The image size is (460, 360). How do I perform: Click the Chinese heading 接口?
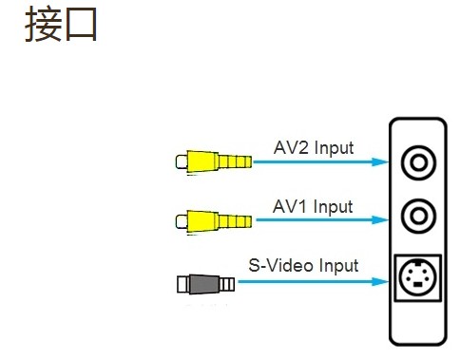[61, 25]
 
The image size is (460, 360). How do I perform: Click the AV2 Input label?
[314, 148]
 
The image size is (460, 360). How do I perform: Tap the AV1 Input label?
[313, 207]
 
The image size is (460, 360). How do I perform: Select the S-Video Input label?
[303, 265]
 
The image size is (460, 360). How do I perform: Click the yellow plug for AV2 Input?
[214, 161]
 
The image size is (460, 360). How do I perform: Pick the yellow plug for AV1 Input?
[214, 221]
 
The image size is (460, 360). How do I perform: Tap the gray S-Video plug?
[205, 284]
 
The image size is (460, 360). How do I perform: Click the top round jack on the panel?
[418, 162]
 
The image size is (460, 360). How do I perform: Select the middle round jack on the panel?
[418, 216]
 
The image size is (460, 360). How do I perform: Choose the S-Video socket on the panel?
[418, 277]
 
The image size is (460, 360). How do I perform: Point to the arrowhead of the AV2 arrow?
[380, 162]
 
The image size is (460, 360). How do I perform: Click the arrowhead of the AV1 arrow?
[380, 219]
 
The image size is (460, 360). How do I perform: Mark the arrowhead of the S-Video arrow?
[380, 281]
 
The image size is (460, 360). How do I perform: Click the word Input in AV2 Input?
[335, 149]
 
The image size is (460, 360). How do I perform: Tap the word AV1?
[290, 206]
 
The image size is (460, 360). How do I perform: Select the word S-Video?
[282, 265]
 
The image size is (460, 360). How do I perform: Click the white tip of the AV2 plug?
[182, 161]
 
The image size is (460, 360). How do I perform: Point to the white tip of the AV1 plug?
[182, 221]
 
